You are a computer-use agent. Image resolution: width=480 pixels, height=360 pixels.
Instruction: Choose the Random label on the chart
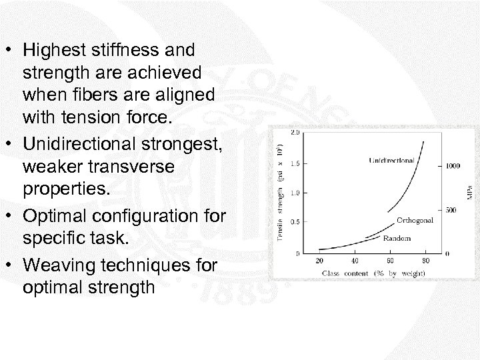(397, 237)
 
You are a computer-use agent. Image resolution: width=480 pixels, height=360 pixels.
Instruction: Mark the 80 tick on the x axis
(425, 261)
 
